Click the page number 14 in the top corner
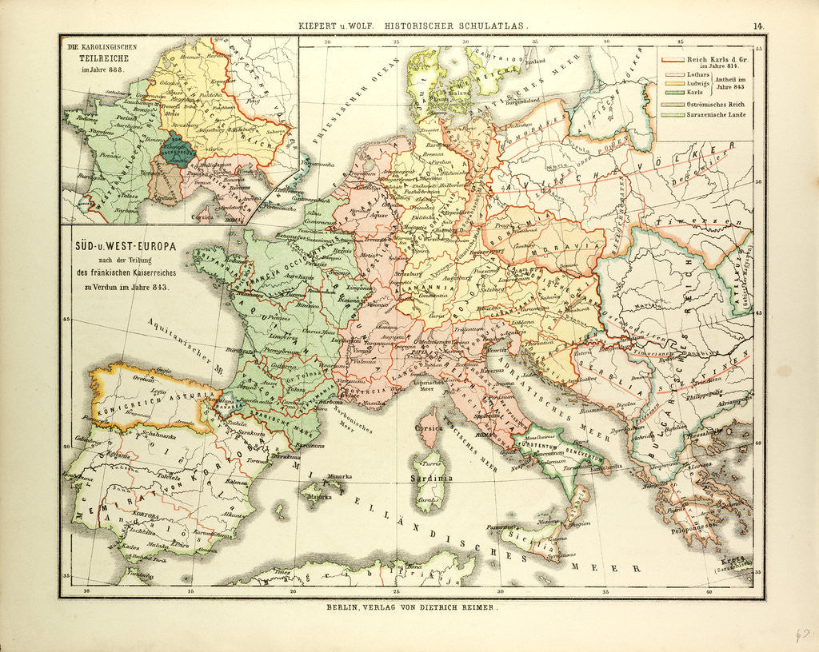coord(756,26)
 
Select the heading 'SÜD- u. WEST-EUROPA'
coord(121,245)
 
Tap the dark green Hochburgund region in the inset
coord(174,150)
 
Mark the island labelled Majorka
coord(318,497)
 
